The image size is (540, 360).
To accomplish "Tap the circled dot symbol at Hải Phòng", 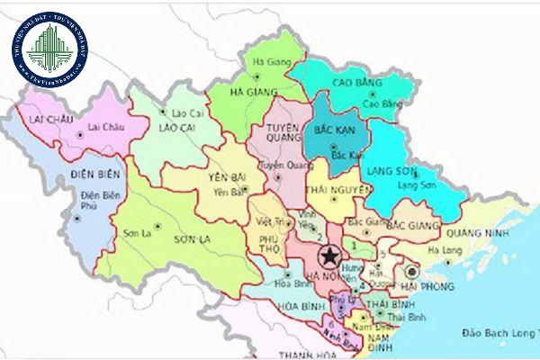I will point(412,269).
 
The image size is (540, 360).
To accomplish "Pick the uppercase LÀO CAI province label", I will point(177,130).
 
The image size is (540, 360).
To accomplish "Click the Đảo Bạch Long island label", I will point(496,332).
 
